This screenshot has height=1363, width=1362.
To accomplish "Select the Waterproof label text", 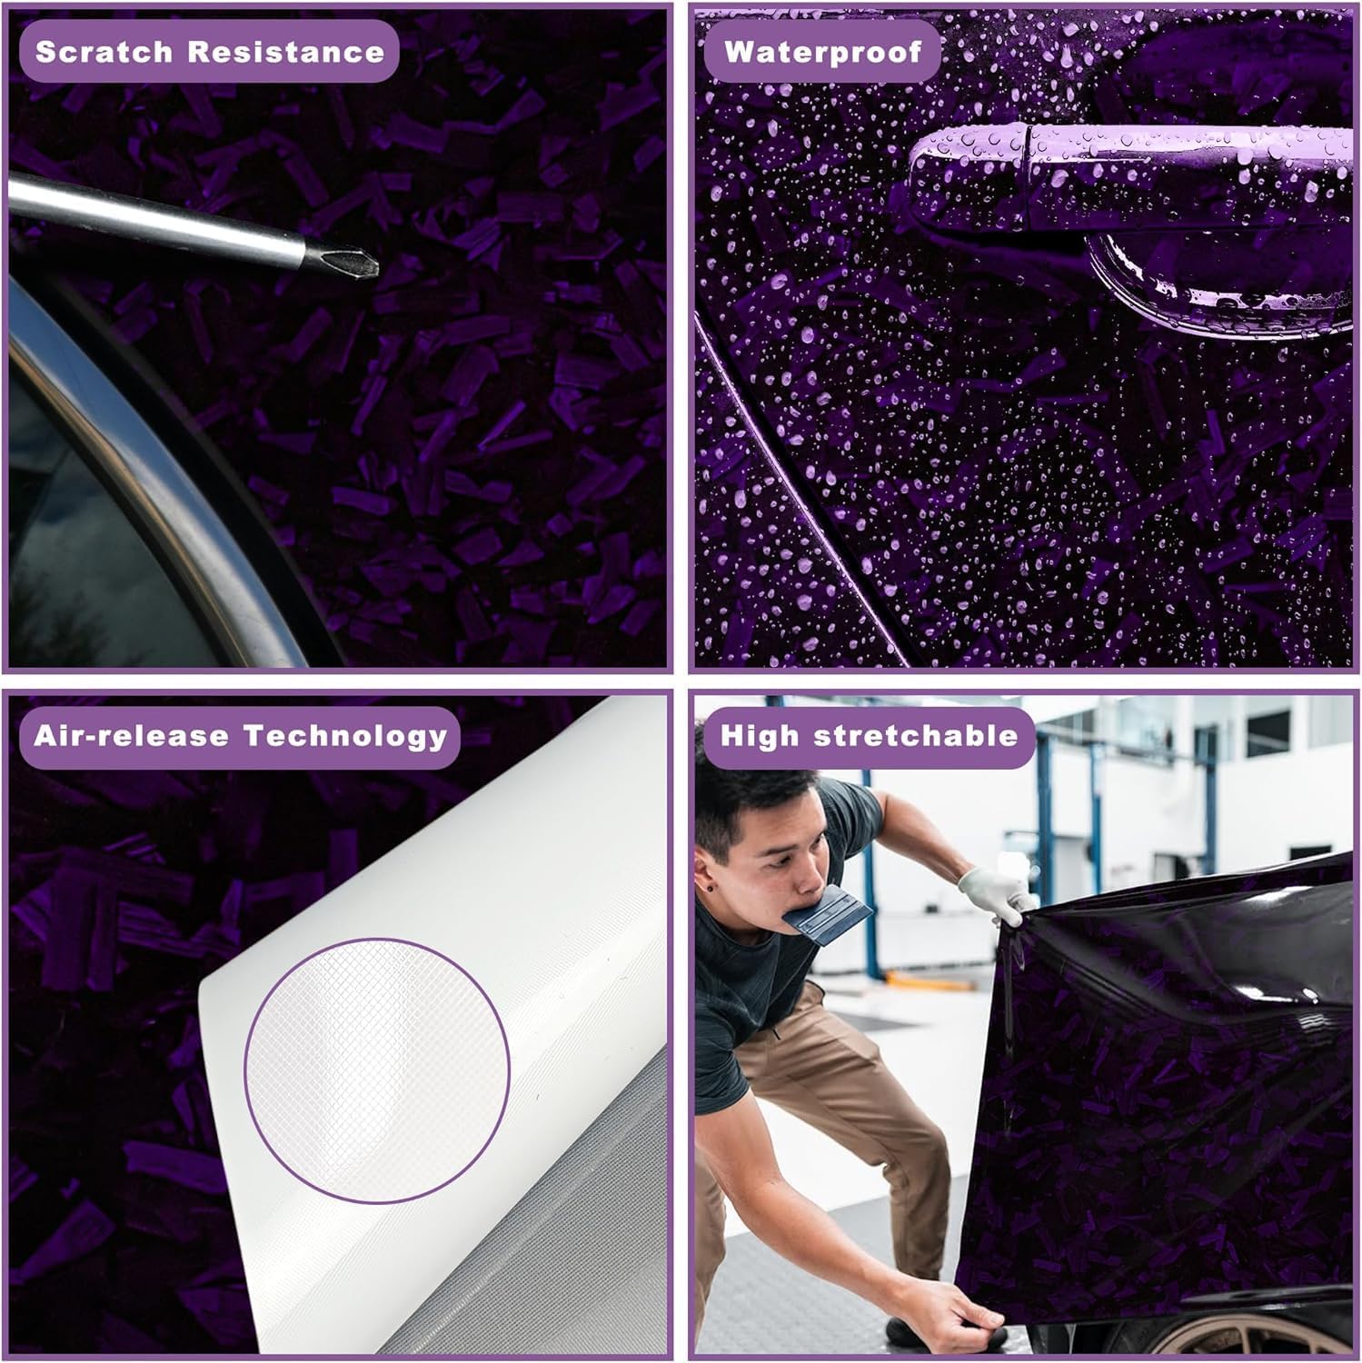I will point(822,52).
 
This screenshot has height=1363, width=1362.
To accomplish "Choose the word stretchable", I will point(916,735).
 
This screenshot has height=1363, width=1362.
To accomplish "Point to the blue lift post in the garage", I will point(1045,818).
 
